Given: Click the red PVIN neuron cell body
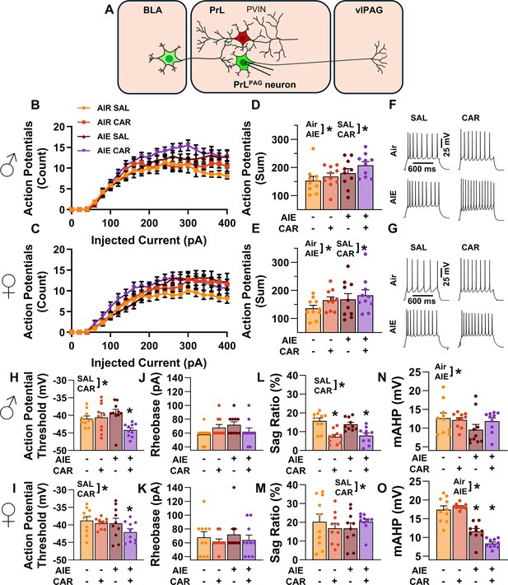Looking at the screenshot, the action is pyautogui.click(x=243, y=38).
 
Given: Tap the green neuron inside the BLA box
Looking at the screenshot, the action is pyautogui.click(x=169, y=59).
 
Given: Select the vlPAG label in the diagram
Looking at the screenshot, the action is pyautogui.click(x=369, y=10).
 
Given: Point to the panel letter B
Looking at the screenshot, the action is pyautogui.click(x=35, y=105).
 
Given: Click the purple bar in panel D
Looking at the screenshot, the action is pyautogui.click(x=366, y=187).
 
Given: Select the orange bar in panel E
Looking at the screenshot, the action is pyautogui.click(x=313, y=321).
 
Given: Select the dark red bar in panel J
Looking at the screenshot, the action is pyautogui.click(x=234, y=436).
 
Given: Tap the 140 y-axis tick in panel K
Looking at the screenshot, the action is pyautogui.click(x=178, y=488).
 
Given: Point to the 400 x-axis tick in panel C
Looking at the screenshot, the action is pyautogui.click(x=227, y=346).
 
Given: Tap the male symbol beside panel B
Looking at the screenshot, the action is pyautogui.click(x=10, y=163).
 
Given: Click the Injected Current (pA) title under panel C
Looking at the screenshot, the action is pyautogui.click(x=149, y=363).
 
